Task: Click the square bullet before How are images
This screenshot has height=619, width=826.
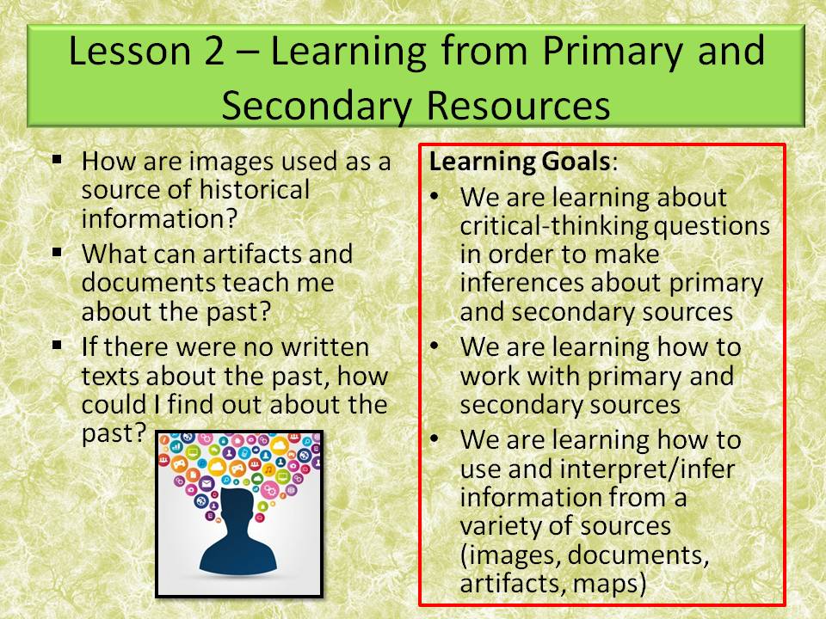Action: tap(57, 160)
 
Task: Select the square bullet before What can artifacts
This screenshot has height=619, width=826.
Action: tap(57, 253)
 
